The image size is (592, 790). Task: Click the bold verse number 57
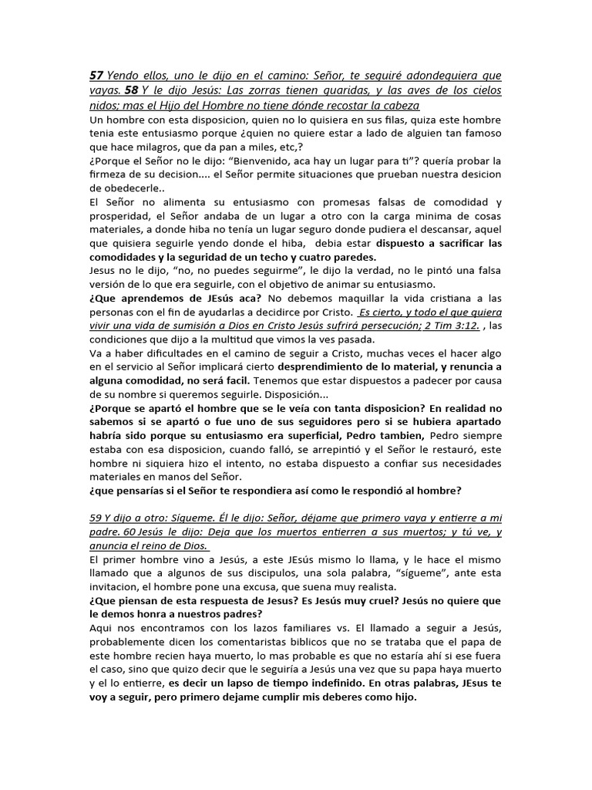(x=97, y=76)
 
